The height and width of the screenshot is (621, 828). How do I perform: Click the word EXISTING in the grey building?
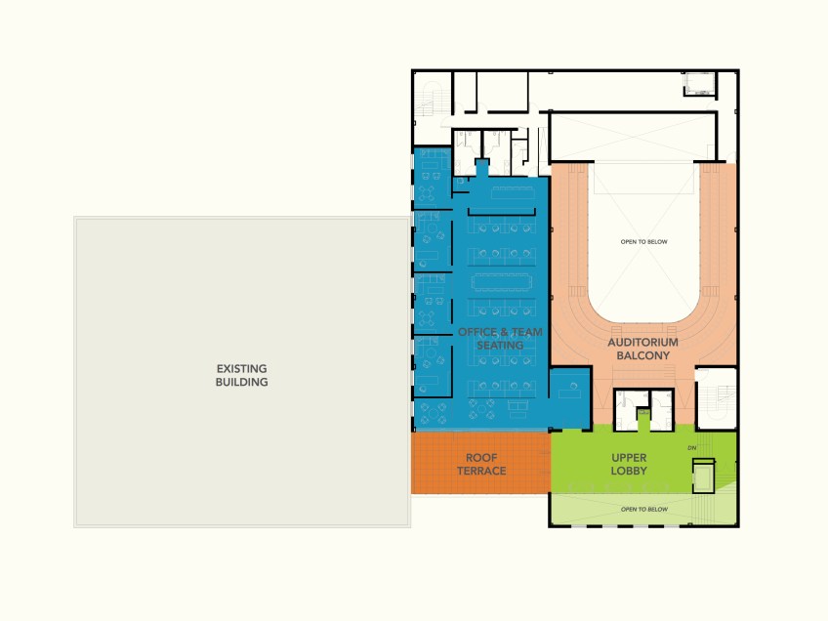coord(241,368)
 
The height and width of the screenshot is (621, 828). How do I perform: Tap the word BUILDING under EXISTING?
coord(241,382)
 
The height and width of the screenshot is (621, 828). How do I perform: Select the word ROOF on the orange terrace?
coord(481,458)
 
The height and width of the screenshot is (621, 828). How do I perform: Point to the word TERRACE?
coord(481,471)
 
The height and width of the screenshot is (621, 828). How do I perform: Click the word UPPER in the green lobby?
coord(629,458)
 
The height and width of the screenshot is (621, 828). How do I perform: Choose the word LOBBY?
coord(629,471)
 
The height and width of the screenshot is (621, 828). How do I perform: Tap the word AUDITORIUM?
coord(642,342)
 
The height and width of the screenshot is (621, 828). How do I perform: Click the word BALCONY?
coord(642,355)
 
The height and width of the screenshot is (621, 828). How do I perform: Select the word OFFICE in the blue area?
coord(476,332)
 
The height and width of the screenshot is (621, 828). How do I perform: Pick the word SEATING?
coord(500,346)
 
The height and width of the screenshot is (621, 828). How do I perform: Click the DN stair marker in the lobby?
coord(691,448)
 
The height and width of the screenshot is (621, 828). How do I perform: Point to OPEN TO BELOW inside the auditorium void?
coord(643,242)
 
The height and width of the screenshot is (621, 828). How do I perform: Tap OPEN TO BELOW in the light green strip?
coord(644,509)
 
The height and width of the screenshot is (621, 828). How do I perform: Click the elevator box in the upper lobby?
coord(703,476)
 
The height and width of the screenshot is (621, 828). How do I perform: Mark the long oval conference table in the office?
coord(500,282)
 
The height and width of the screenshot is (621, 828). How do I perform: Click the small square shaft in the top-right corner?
coord(699,83)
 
